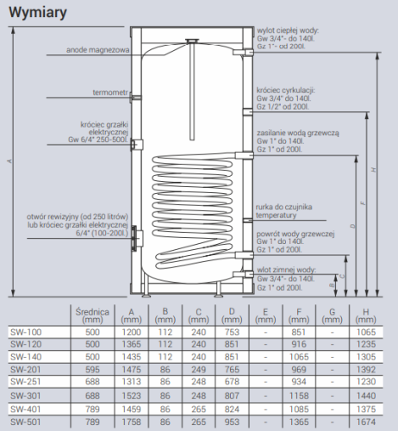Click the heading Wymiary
tap(38, 13)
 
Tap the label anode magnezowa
tap(97, 50)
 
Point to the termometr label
tap(110, 92)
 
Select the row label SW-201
tap(26, 369)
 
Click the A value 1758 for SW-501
tap(131, 422)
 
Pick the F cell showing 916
tap(299, 344)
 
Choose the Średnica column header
tap(92, 315)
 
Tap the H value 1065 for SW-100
tap(366, 332)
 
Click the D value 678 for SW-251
tap(232, 382)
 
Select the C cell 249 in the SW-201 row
tap(198, 369)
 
